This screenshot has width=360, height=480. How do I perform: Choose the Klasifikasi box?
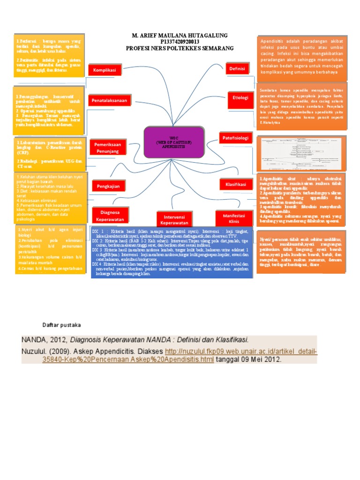tap(236, 185)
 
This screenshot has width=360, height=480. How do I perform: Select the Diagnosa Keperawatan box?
tap(109, 215)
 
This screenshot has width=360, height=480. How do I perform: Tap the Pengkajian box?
tap(108, 187)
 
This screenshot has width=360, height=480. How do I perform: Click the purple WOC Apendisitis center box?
tap(174, 142)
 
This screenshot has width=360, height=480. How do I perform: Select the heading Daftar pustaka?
tap(62, 324)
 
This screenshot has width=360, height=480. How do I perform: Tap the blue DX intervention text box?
tap(172, 253)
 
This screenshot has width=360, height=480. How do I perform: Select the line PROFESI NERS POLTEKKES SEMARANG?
tap(180, 48)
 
